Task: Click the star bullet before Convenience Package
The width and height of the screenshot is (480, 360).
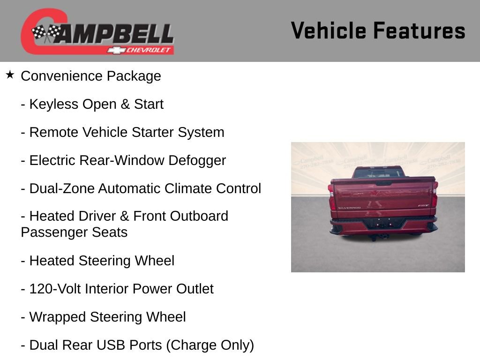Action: tap(10, 75)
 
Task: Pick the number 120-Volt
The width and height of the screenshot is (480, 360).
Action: tap(54, 289)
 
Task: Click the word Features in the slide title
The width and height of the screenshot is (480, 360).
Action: tap(419, 31)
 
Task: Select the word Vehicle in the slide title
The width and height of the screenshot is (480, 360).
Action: tap(329, 31)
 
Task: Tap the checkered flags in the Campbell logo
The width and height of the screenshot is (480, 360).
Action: tap(46, 33)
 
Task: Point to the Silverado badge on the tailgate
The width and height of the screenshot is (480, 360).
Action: tap(349, 208)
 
